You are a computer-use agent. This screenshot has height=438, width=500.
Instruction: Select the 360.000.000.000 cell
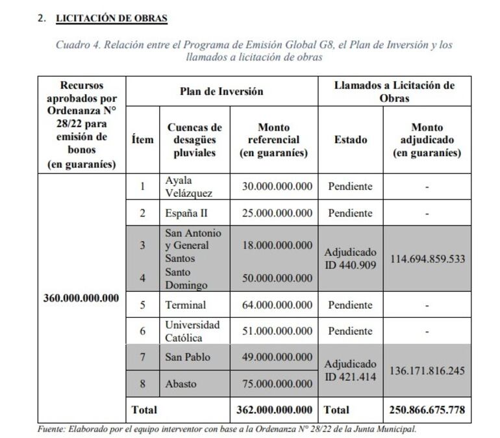pyautogui.click(x=81, y=298)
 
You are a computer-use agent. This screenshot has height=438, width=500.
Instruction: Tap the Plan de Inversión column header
pyautogui.click(x=221, y=92)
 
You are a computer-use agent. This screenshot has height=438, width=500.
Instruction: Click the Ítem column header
pyautogui.click(x=143, y=140)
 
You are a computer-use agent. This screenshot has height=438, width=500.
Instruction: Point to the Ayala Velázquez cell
pyautogui.click(x=188, y=187)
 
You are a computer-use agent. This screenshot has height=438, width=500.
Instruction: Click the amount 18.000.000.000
pyautogui.click(x=277, y=245)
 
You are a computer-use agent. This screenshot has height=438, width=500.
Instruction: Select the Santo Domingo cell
pyautogui.click(x=186, y=278)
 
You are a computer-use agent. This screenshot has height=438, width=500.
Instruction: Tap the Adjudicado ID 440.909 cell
pyautogui.click(x=351, y=259)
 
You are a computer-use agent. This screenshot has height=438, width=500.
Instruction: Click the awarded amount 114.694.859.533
pyautogui.click(x=427, y=259)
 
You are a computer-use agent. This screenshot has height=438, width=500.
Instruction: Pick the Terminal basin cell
pyautogui.click(x=186, y=305)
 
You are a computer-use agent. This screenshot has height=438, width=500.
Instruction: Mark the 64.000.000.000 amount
pyautogui.click(x=277, y=305)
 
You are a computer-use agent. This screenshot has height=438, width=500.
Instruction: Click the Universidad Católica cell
pyautogui.click(x=192, y=331)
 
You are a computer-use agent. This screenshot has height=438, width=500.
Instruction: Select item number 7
pyautogui.click(x=143, y=357)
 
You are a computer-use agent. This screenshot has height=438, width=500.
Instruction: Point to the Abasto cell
pyautogui.click(x=181, y=384)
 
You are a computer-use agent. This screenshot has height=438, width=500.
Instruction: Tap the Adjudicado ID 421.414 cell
pyautogui.click(x=351, y=370)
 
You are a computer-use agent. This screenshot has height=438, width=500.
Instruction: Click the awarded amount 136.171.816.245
pyautogui.click(x=427, y=370)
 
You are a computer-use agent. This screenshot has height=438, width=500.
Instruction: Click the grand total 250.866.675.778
pyautogui.click(x=427, y=410)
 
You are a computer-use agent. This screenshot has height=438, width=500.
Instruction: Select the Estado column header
pyautogui.click(x=351, y=140)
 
